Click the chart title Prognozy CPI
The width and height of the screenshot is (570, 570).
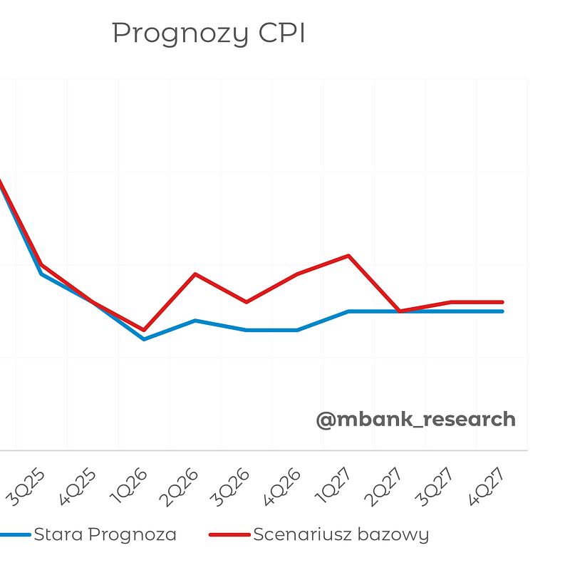point(208,33)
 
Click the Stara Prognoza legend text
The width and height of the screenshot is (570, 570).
point(105,534)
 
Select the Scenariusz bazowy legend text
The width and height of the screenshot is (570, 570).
point(341,534)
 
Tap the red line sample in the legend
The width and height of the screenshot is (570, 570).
point(229,534)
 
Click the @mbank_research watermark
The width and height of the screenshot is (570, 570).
point(415,419)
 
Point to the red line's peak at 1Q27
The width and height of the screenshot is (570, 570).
point(348,255)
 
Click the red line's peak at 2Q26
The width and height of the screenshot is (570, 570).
point(195,274)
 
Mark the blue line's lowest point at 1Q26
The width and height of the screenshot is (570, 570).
point(144,339)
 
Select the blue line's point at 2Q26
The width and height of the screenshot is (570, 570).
point(195,321)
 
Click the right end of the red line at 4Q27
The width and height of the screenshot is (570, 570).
point(502,302)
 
